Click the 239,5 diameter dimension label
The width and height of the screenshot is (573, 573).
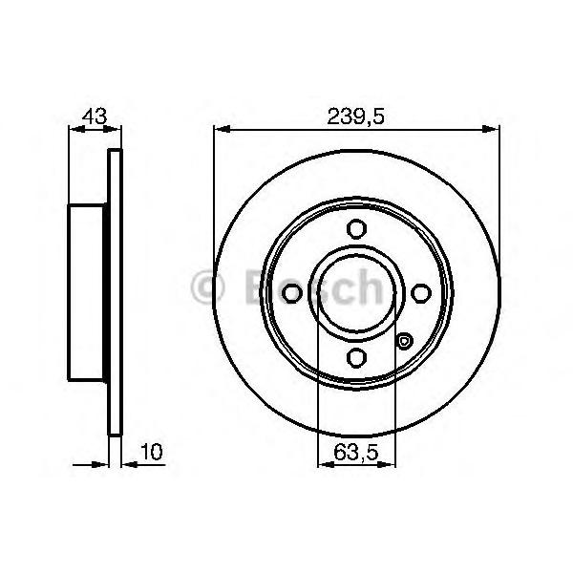[x=355, y=117]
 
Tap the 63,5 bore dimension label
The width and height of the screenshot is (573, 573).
[x=355, y=453]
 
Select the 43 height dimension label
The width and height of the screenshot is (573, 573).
[x=95, y=117]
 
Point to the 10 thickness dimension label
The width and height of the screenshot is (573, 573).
[x=151, y=452]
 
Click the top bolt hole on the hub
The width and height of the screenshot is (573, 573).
[x=356, y=229]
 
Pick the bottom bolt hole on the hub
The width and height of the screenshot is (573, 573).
[x=356, y=357]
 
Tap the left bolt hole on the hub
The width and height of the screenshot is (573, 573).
[x=292, y=293]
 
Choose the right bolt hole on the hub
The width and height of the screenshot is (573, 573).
[x=421, y=293]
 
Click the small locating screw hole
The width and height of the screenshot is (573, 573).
[x=404, y=341]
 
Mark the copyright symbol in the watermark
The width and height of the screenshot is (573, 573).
[x=207, y=288]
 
